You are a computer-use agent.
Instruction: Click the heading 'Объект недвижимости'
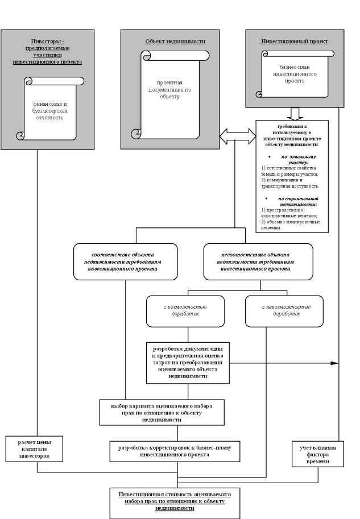click(x=175, y=41)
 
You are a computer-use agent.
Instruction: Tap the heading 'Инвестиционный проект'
click(x=295, y=41)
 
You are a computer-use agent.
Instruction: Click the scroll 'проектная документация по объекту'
click(x=169, y=91)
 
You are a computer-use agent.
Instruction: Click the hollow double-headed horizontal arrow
click(x=238, y=135)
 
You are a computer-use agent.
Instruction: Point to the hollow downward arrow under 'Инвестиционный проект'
click(x=295, y=113)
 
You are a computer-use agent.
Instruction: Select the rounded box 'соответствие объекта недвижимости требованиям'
click(x=125, y=261)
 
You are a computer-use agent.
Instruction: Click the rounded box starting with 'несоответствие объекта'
click(x=258, y=261)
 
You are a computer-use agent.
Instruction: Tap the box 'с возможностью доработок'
click(x=185, y=311)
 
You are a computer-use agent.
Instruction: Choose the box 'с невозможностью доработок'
click(x=284, y=311)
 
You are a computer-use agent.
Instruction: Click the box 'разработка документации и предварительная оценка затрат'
click(x=187, y=362)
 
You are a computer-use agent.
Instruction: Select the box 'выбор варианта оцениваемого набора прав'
click(x=162, y=412)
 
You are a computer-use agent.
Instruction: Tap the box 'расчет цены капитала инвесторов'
click(x=34, y=448)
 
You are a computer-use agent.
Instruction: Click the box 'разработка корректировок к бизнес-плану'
click(x=175, y=451)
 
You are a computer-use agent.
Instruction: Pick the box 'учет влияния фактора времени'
click(x=318, y=453)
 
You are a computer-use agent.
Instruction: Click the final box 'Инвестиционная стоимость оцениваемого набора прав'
click(x=175, y=502)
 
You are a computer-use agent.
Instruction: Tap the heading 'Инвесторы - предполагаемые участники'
click(x=48, y=51)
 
